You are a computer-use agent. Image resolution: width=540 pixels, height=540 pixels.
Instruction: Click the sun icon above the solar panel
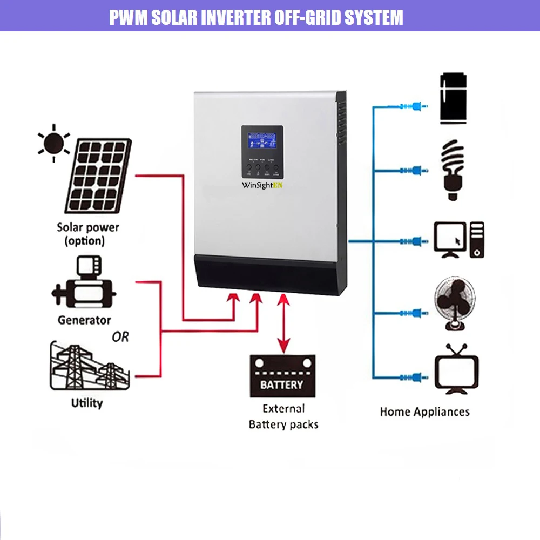(x=53, y=143)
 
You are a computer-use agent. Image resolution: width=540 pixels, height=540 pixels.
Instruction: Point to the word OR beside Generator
(x=120, y=337)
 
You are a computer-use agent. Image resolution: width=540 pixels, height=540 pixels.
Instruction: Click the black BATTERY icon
(x=282, y=376)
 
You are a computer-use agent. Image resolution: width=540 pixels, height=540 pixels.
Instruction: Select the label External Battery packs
(x=283, y=416)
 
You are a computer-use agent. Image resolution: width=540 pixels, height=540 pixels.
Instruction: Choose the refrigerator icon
(x=453, y=98)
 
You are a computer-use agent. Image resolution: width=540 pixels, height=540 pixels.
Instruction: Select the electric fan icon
(x=455, y=303)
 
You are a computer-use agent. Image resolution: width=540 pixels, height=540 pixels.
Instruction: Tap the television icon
(x=457, y=369)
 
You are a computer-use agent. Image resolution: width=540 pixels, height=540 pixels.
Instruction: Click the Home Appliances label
(x=424, y=412)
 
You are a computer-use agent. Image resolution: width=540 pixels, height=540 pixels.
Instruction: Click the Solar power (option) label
(x=87, y=234)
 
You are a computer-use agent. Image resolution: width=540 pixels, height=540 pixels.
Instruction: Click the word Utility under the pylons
(x=87, y=403)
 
